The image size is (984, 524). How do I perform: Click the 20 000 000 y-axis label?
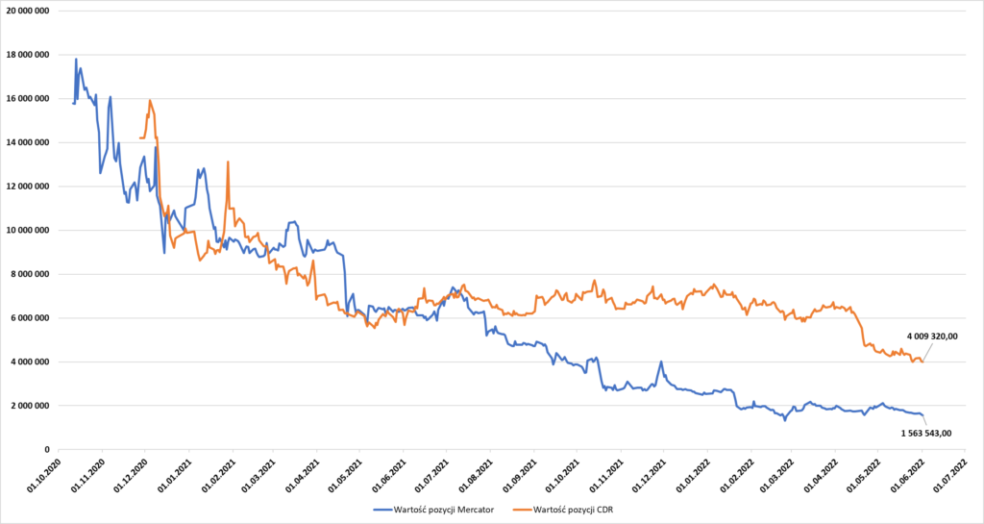(x=27, y=11)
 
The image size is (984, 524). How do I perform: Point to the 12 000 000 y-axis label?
(x=27, y=187)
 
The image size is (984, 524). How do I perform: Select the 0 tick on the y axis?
(x=45, y=449)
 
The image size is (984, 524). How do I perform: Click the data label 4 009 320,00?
(x=932, y=336)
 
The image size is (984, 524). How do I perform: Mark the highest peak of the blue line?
(x=76, y=60)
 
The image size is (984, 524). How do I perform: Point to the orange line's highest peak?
(x=150, y=100)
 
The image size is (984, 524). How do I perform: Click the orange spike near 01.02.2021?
(x=228, y=162)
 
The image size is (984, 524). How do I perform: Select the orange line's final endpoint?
(x=922, y=362)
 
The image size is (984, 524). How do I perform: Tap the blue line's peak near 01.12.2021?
(x=661, y=362)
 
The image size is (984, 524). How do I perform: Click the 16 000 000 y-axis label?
(x=27, y=99)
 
